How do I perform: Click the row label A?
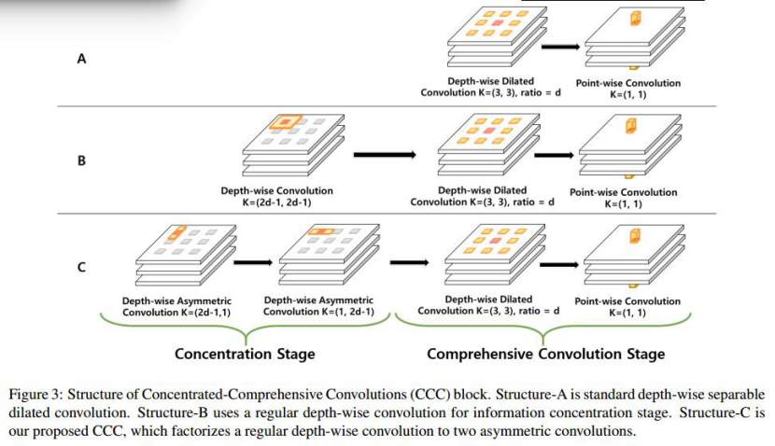81,59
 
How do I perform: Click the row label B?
81,160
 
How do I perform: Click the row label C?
81,268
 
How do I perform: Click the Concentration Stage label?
245,355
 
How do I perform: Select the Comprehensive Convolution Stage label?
545,355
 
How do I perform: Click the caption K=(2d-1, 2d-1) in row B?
276,202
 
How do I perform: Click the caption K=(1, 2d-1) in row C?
318,312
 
